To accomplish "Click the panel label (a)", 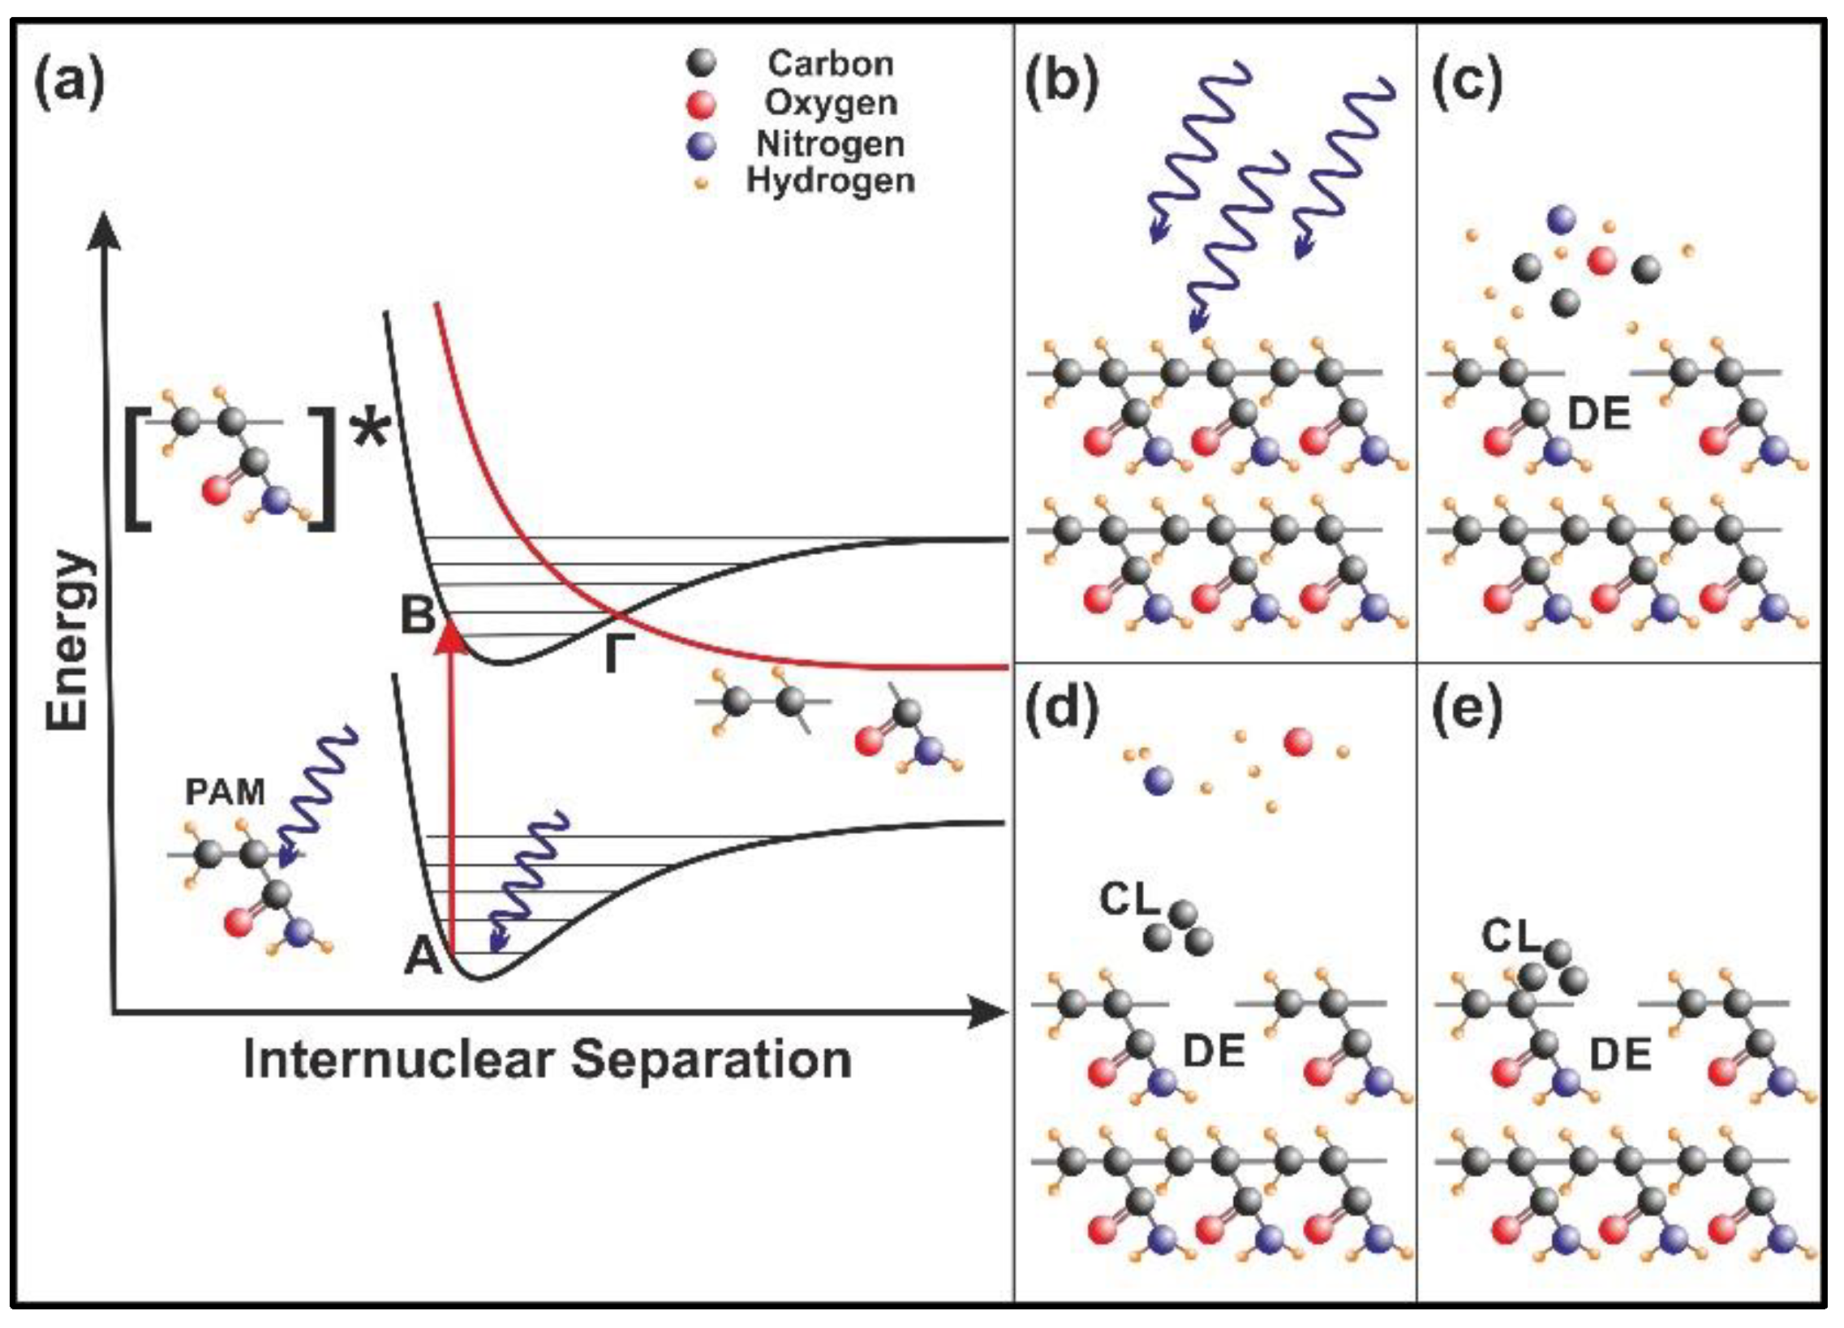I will [69, 82].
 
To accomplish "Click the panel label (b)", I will [1062, 82].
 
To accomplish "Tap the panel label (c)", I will [1467, 82].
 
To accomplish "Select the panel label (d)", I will [1062, 710].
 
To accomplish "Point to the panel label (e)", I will [1467, 710].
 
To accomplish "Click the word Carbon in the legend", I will [830, 63].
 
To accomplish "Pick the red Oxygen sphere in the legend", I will [700, 104].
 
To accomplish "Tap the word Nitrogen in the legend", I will [830, 144].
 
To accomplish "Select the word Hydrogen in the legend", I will [830, 181].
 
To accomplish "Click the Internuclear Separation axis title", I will [547, 1060].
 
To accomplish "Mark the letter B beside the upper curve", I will [418, 616].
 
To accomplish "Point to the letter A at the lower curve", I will [423, 956].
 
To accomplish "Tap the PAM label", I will [226, 792].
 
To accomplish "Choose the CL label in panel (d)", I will [1128, 900].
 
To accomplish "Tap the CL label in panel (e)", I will [1511, 936].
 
